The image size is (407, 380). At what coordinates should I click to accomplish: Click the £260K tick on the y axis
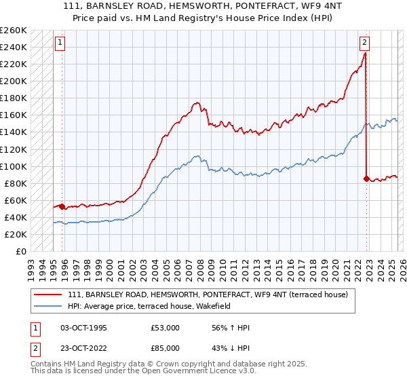click(x=13, y=31)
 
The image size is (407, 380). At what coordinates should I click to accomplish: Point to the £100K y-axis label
click(x=13, y=166)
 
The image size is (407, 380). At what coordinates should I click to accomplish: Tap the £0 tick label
click(x=21, y=251)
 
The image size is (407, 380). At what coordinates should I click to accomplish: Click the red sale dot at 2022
click(x=366, y=179)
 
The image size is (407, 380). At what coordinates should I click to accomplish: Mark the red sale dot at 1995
click(x=62, y=206)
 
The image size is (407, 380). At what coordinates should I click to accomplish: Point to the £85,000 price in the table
click(x=165, y=350)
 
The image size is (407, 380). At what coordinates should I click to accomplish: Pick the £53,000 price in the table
click(x=165, y=328)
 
